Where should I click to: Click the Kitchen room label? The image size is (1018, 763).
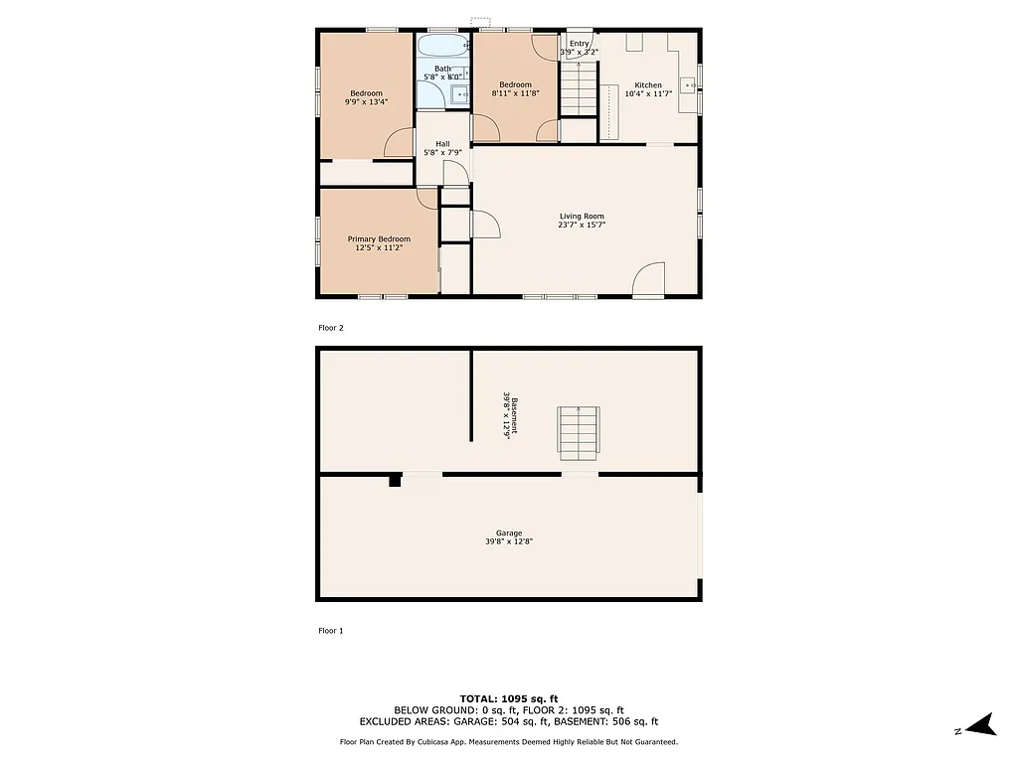tap(647, 85)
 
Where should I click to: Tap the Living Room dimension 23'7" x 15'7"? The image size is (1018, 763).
tap(582, 226)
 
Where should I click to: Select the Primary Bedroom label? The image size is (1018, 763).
tap(378, 238)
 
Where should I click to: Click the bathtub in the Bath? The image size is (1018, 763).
tap(441, 47)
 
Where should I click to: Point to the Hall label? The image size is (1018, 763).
tap(442, 144)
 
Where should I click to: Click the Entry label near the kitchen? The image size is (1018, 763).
tap(580, 44)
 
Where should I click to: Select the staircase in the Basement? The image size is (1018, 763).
tap(579, 432)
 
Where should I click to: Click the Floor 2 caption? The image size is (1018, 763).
tap(330, 327)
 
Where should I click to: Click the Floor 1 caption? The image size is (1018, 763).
tap(330, 630)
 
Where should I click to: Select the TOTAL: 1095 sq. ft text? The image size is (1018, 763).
tap(509, 697)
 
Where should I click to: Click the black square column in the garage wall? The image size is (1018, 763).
tap(395, 480)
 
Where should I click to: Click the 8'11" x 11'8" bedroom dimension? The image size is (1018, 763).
tap(515, 93)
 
